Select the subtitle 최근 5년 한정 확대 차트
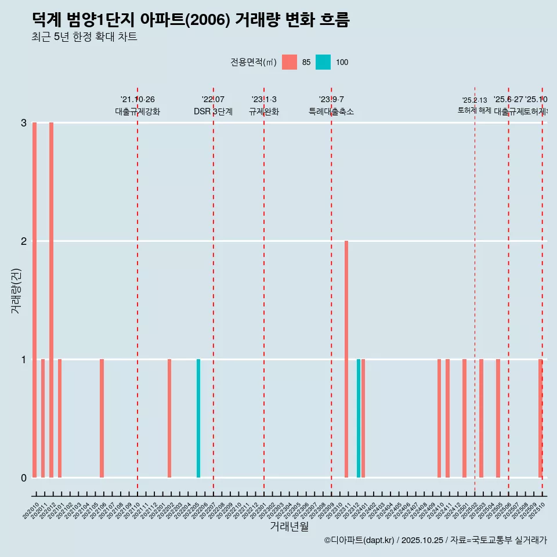[x=84, y=38]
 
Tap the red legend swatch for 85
[x=289, y=62]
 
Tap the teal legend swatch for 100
[x=323, y=62]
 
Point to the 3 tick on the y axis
[x=24, y=123]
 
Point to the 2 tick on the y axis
[x=24, y=241]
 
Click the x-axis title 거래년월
[x=289, y=527]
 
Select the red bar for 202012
[x=52, y=300]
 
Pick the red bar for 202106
[x=102, y=418]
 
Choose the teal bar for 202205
[x=198, y=418]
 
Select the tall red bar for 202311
[x=346, y=359]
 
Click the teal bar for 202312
[x=359, y=418]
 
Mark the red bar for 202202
[x=169, y=418]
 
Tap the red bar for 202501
[x=464, y=418]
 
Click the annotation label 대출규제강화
[x=138, y=111]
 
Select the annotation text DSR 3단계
[x=213, y=111]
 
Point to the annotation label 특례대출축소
[x=331, y=111]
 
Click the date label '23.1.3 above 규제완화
[x=264, y=100]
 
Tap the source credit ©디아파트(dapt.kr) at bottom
[x=360, y=540]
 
